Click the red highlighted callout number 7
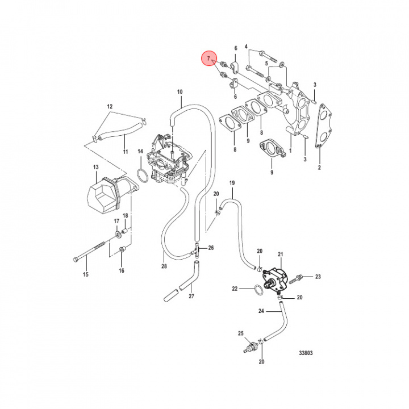pyautogui.click(x=209, y=59)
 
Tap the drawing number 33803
pyautogui.click(x=306, y=353)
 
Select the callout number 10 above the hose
pyautogui.click(x=180, y=91)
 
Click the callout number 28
pyautogui.click(x=164, y=266)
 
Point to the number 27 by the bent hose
pyautogui.click(x=191, y=296)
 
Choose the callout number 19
pyautogui.click(x=232, y=183)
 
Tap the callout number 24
pyautogui.click(x=261, y=311)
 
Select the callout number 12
pyautogui.click(x=110, y=106)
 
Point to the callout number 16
pyautogui.click(x=121, y=271)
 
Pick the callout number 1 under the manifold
pyautogui.click(x=290, y=151)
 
